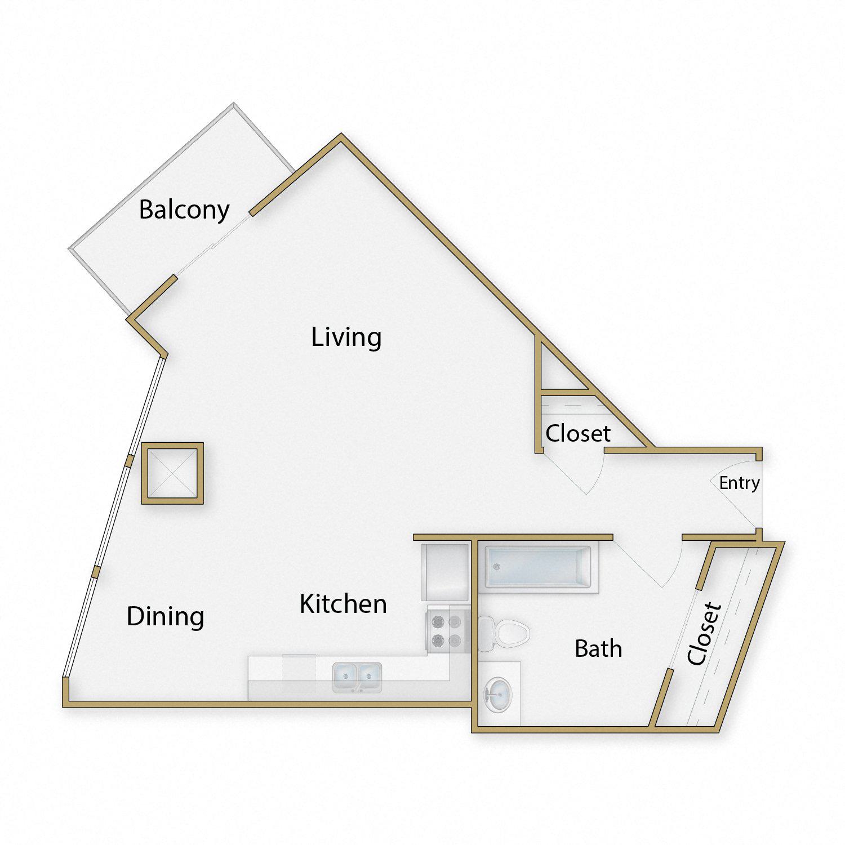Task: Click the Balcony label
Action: [184, 210]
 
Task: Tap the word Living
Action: [346, 337]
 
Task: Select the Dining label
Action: [165, 617]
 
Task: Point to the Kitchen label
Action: [343, 604]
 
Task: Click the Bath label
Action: [598, 649]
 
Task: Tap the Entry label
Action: [739, 483]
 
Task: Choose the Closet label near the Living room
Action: [578, 433]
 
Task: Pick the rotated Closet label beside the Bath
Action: [704, 633]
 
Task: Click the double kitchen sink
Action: [357, 677]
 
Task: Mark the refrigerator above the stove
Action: [445, 572]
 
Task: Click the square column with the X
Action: [172, 473]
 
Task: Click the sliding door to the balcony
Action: [213, 246]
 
